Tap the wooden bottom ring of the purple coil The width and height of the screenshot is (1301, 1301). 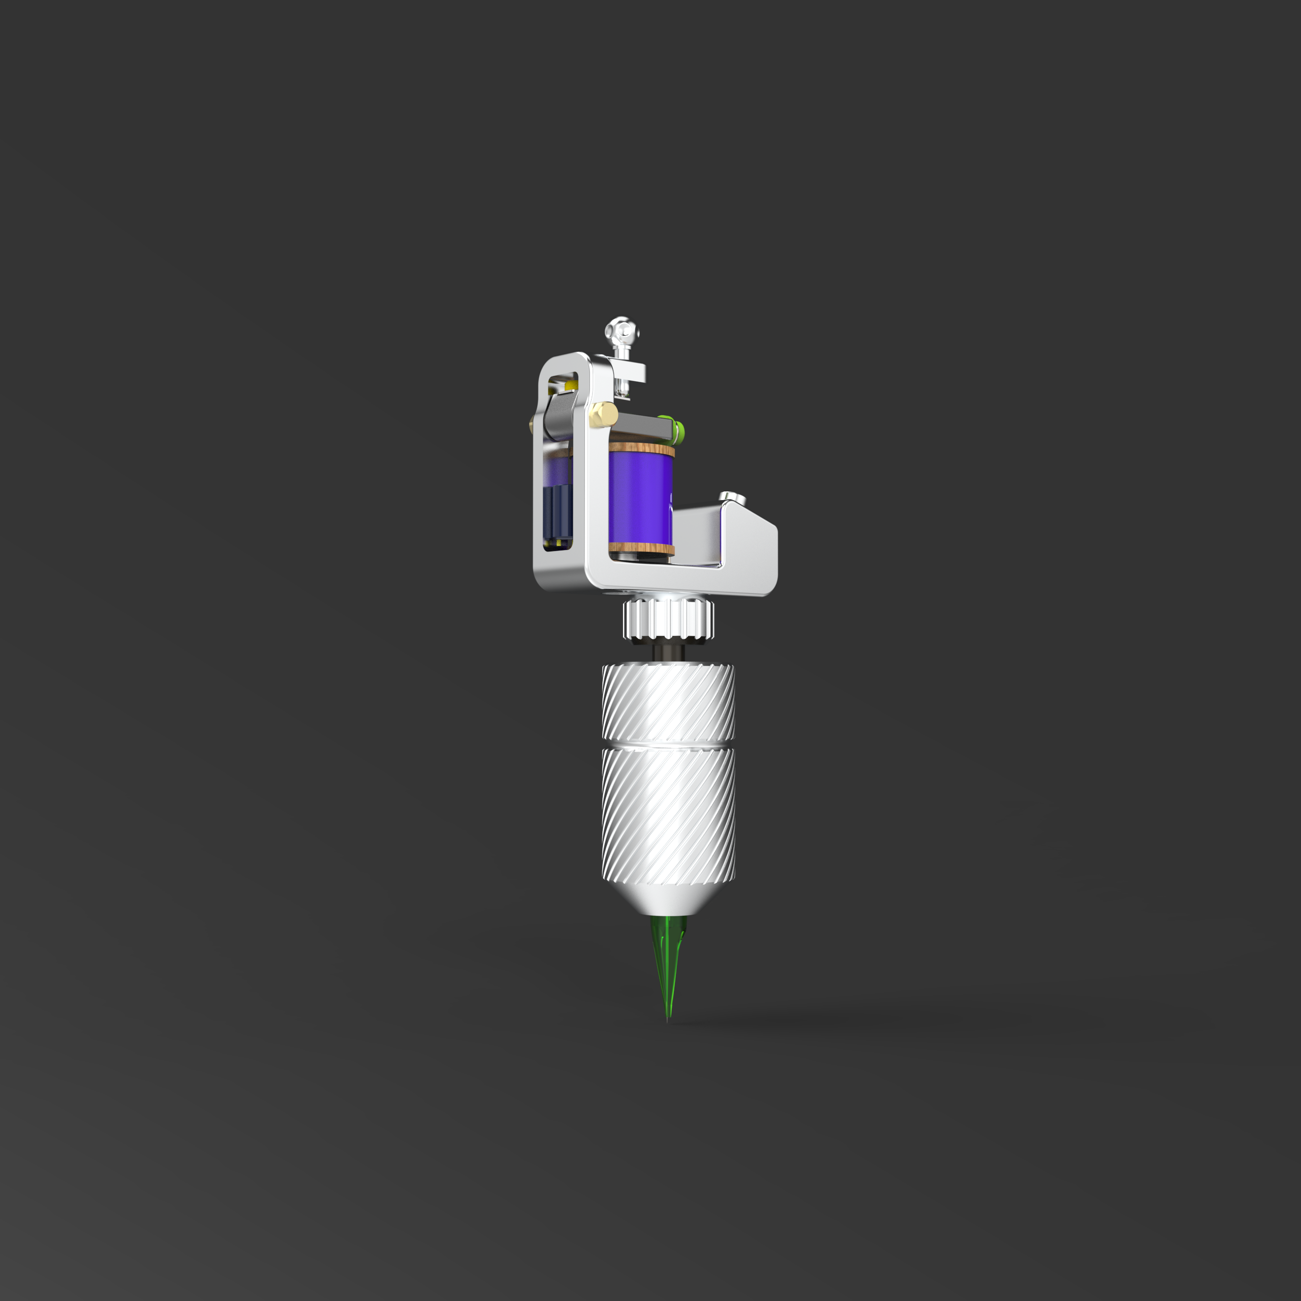click(x=641, y=548)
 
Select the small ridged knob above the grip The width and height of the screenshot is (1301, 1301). click(x=668, y=618)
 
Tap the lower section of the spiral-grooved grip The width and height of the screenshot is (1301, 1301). click(x=668, y=815)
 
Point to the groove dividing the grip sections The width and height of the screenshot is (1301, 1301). click(x=668, y=746)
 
